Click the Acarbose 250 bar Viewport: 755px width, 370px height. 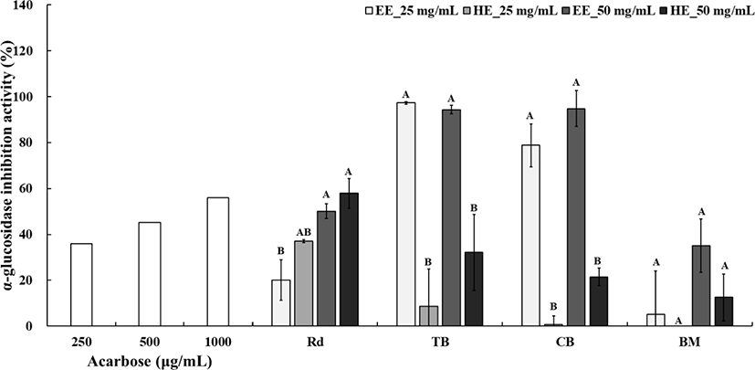click(81, 284)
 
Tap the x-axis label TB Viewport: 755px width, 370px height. click(437, 341)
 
